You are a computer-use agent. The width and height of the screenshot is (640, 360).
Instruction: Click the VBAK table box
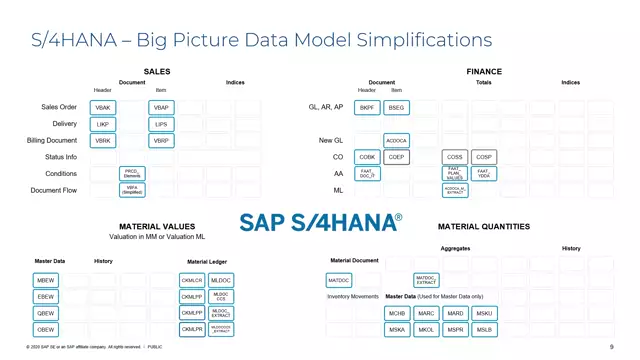point(103,108)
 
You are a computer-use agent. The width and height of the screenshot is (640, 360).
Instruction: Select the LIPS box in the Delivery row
point(161,125)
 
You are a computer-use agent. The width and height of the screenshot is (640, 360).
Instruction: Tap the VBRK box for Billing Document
point(103,141)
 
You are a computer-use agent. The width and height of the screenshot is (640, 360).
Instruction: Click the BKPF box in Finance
point(367,108)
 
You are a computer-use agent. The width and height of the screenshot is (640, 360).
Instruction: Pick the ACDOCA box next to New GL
point(396,141)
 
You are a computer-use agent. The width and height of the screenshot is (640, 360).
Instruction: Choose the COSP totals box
point(484,157)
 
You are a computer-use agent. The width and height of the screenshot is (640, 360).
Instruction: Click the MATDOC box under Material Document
point(339,281)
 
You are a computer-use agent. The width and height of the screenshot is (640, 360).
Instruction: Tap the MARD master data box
point(455,313)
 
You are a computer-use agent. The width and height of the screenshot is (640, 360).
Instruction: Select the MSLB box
point(484,329)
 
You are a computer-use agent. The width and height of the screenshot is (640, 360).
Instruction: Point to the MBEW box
point(47,281)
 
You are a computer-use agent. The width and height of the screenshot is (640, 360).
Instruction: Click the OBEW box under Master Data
point(47,329)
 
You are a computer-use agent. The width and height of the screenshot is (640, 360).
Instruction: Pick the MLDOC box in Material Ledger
point(221,281)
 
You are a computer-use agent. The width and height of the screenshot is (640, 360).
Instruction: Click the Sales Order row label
point(59,107)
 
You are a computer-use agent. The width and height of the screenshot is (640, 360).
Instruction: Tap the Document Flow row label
point(54,190)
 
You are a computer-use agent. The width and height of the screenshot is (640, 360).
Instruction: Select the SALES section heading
point(157,72)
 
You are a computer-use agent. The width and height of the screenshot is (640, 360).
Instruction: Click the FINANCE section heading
point(484,72)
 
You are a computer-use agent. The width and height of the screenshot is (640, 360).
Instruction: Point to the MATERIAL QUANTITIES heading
point(484,227)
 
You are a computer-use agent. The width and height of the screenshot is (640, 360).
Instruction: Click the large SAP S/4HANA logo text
point(320,222)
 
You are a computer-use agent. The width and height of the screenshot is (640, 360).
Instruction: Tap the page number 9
point(611,347)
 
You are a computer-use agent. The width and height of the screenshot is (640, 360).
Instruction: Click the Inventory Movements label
point(353,297)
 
